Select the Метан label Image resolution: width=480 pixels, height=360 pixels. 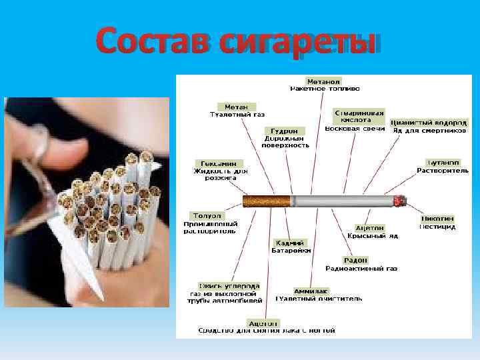(237, 107)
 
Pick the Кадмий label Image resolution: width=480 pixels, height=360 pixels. (287, 243)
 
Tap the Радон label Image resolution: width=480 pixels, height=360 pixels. (355, 260)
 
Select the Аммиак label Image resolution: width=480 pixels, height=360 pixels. (311, 291)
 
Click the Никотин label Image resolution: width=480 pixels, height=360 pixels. (437, 218)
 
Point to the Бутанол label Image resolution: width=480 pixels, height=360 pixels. (443, 163)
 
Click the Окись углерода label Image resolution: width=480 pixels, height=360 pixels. (229, 286)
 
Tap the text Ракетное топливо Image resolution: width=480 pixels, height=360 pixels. (324, 88)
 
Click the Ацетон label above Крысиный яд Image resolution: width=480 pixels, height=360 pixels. (369, 228)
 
